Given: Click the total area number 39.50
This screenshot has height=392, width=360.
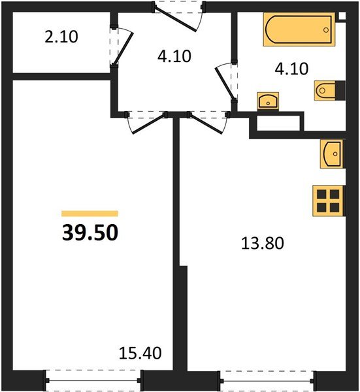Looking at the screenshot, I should point(90,233).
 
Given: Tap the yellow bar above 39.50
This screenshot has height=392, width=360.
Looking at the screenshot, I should point(90,213).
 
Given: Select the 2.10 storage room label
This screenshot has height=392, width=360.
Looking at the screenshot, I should point(61,37).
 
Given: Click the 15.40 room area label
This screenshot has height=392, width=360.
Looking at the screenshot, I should point(140,353).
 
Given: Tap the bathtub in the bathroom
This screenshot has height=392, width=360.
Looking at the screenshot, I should point(299,30).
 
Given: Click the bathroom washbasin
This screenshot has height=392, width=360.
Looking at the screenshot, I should point(267,101).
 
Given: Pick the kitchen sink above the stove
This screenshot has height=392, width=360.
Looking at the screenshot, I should point(332,154).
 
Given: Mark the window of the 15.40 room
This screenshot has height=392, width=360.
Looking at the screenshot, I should point(93,378).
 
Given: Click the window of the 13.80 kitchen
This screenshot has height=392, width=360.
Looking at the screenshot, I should point(267,378).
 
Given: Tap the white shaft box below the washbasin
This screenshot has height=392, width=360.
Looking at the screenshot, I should point(278,123).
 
